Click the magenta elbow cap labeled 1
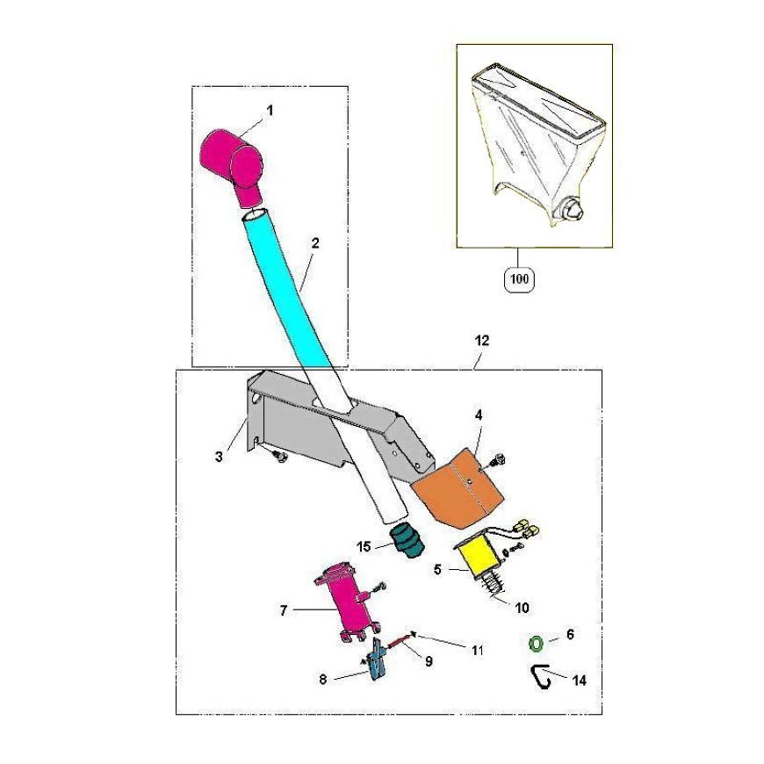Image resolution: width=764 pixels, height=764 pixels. pos(233,163)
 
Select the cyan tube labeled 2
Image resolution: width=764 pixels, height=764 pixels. pos(287,287)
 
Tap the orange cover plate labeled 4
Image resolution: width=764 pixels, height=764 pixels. pos(457,491)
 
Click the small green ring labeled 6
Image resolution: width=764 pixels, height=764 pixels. pos(536,643)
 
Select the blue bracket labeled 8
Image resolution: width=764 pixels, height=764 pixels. pos(377,659)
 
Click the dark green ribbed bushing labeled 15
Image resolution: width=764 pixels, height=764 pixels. pos(407,541)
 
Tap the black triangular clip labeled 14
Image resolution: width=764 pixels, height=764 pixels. pos(540,677)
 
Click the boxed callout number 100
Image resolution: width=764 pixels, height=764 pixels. pos(519,279)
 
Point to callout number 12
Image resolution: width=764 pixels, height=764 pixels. pos(482,341)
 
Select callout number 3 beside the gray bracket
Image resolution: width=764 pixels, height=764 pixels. pos(219,457)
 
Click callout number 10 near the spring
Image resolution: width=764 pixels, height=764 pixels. pos(522,608)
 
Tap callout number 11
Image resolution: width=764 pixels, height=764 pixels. pos(478,650)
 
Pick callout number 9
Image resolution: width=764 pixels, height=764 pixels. pos(429,661)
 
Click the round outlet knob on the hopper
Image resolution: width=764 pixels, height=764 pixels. pos(570,210)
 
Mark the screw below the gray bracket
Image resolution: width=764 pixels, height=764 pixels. pos(279,456)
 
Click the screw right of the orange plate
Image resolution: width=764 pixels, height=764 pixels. pos(499,459)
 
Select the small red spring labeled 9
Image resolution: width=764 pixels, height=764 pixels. pos(400,642)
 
